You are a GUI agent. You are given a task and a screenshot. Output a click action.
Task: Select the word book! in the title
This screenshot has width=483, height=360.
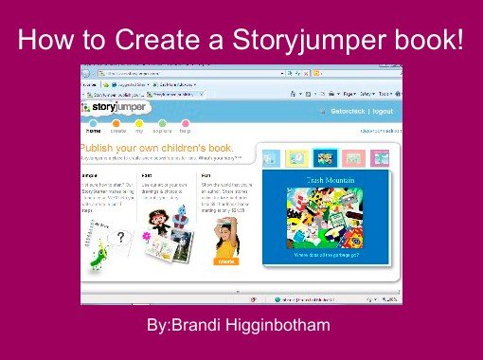click(x=432, y=41)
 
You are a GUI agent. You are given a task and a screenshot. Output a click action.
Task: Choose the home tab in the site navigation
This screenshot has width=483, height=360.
click(x=93, y=130)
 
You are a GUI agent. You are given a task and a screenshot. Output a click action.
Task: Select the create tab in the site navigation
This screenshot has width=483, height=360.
click(x=117, y=130)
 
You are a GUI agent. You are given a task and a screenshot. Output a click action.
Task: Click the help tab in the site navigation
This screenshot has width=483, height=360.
click(x=186, y=130)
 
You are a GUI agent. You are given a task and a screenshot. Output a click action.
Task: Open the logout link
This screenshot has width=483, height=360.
click(x=383, y=111)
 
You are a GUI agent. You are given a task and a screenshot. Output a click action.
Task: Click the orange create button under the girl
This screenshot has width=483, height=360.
click(x=225, y=260)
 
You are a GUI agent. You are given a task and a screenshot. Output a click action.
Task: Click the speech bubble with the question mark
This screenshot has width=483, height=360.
click(x=121, y=238)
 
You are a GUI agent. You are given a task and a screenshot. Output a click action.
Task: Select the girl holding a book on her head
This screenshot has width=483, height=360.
click(x=225, y=235)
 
